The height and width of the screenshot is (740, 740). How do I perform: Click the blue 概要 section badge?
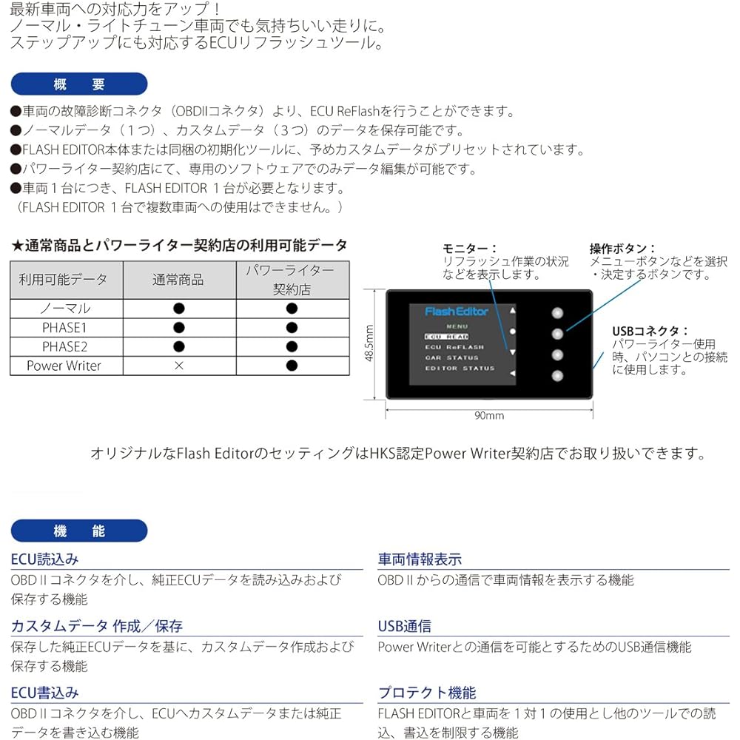(x=79, y=84)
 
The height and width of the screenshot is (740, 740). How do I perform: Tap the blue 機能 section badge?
(x=79, y=531)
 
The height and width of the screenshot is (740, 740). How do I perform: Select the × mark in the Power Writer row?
(x=178, y=366)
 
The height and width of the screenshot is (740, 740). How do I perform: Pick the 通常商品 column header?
(x=178, y=280)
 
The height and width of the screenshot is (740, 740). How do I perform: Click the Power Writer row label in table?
(x=64, y=366)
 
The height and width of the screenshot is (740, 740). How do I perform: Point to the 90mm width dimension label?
(x=488, y=415)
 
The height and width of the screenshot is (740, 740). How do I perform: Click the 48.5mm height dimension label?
(x=370, y=343)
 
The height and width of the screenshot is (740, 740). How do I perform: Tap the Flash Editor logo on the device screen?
(x=457, y=312)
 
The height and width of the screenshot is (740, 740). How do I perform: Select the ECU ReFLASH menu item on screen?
(x=454, y=347)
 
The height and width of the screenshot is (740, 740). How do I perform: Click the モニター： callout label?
(x=470, y=249)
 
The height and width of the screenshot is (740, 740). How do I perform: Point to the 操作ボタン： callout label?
(x=622, y=249)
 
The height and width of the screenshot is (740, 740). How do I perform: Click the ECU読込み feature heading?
(x=44, y=559)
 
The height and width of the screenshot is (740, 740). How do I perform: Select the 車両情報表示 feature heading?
(x=420, y=559)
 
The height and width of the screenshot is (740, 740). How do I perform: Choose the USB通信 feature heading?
(x=405, y=626)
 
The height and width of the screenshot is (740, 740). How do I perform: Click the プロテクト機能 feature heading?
(x=427, y=693)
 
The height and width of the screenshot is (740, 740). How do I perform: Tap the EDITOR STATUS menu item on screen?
(x=460, y=368)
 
